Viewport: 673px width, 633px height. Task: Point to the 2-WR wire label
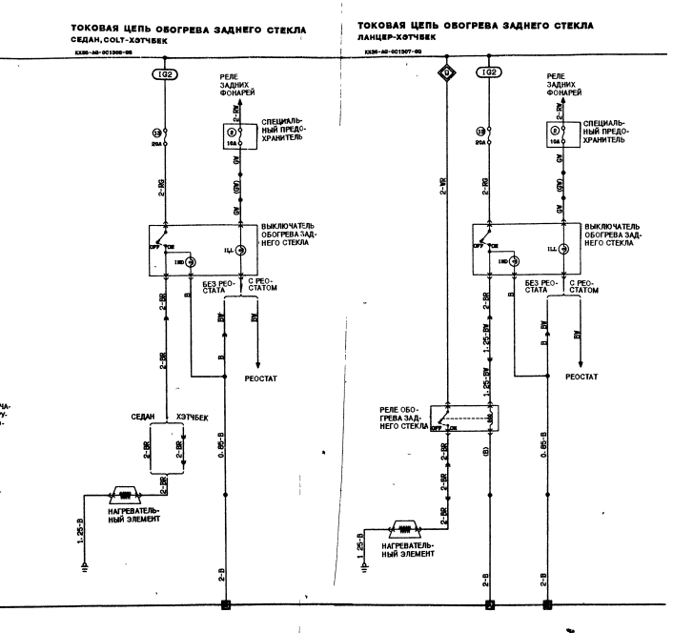[x=443, y=183]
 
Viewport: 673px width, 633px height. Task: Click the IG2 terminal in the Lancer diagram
[x=486, y=73]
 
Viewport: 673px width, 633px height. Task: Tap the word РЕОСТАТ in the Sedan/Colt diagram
[x=260, y=378]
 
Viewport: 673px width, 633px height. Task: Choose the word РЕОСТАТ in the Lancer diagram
[x=581, y=378]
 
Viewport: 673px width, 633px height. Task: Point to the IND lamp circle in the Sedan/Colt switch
[x=191, y=259]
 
